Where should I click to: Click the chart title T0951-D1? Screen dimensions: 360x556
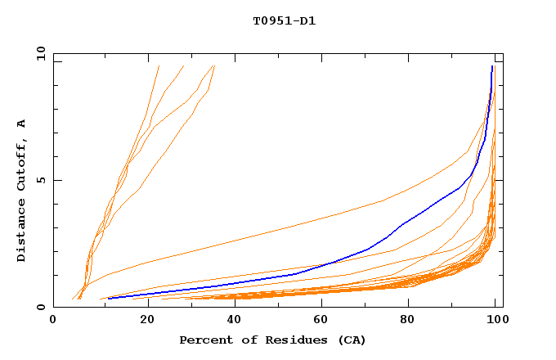pyautogui.click(x=284, y=21)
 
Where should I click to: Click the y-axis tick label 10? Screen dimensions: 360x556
pyautogui.click(x=40, y=53)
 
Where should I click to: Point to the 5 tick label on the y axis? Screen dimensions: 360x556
pyautogui.click(x=43, y=180)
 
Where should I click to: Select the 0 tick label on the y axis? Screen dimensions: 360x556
pyautogui.click(x=43, y=307)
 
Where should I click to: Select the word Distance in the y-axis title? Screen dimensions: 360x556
pyautogui.click(x=21, y=233)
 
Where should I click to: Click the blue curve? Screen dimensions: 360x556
pyautogui.click(x=368, y=241)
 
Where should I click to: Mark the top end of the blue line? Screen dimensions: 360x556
pyautogui.click(x=492, y=66)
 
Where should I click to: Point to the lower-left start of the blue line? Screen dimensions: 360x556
pyautogui.click(x=109, y=298)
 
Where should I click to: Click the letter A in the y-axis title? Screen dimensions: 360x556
pyautogui.click(x=21, y=124)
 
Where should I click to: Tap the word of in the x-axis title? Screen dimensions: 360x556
pyautogui.click(x=240, y=340)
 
